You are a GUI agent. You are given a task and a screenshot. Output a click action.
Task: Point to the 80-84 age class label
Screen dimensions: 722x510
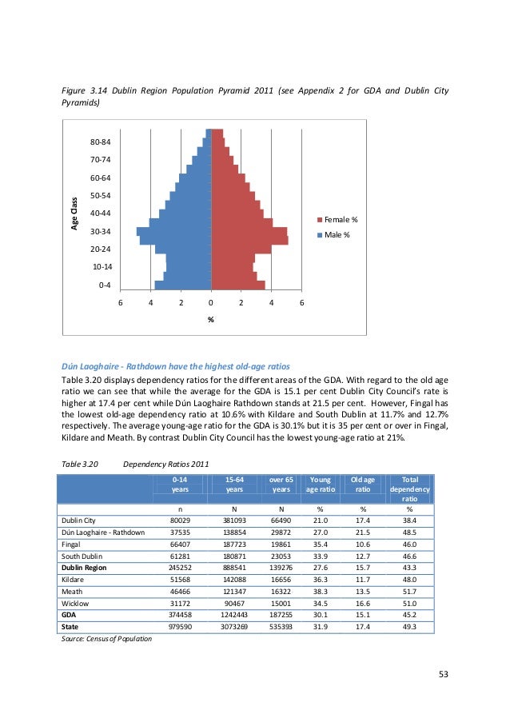100,142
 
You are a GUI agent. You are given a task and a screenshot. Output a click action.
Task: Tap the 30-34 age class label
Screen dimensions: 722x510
100,231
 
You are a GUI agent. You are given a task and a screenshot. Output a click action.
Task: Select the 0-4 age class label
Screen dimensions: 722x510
104,285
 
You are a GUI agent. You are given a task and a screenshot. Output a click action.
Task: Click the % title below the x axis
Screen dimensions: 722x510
211,320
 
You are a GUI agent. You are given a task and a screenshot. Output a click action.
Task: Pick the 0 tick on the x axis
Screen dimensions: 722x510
211,303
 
